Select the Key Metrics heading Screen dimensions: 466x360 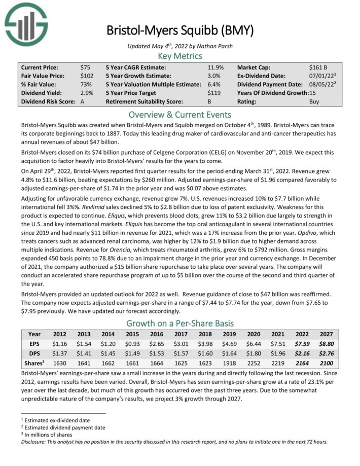click(x=179, y=56)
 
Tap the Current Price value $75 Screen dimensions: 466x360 click(x=86, y=67)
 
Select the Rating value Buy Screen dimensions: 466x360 click(x=314, y=101)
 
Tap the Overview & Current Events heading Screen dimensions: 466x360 click(x=179, y=114)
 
